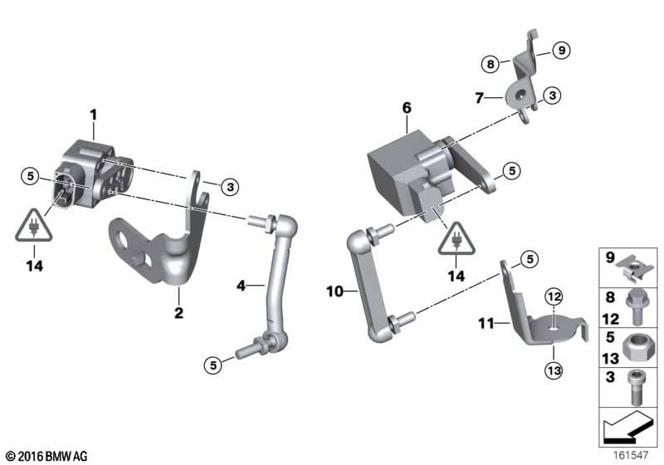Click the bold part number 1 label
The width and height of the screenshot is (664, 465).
tap(94, 115)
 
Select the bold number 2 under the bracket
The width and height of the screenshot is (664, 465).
tap(178, 313)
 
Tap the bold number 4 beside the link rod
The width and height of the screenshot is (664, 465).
tap(241, 286)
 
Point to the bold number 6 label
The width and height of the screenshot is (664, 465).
tap(407, 108)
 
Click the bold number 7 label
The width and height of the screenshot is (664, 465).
tap(479, 98)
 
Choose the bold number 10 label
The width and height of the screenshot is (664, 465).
tap(334, 291)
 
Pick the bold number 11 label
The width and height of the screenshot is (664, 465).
tap(486, 324)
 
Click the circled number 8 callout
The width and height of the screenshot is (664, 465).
tap(491, 65)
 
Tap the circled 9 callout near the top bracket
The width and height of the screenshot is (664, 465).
tap(562, 51)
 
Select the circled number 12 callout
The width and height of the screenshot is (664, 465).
tap(554, 297)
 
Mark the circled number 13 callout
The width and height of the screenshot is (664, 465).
tap(554, 371)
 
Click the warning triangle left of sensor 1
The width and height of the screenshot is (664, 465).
tap(34, 226)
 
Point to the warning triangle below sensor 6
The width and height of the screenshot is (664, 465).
tap(456, 239)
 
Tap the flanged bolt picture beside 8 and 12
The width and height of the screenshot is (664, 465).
tap(635, 307)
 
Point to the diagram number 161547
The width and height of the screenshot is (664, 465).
tap(631, 455)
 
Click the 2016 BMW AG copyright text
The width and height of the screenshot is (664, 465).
tap(46, 456)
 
